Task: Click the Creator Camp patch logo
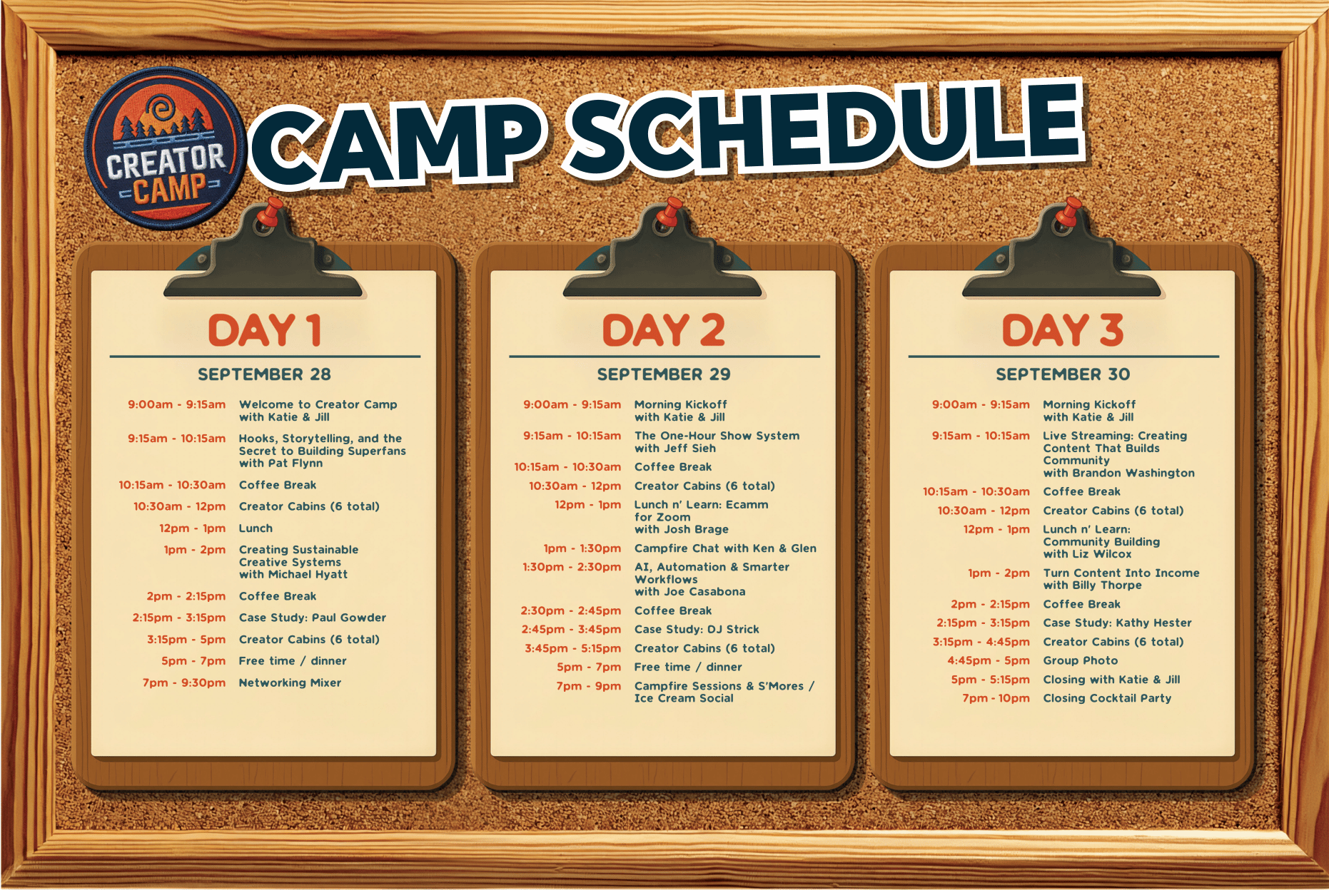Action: [166, 148]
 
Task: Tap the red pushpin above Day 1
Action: [269, 212]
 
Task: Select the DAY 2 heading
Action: [664, 330]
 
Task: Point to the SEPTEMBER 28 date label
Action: [264, 374]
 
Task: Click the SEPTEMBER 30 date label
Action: [1063, 374]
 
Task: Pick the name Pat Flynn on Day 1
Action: [295, 464]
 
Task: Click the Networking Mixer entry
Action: [290, 682]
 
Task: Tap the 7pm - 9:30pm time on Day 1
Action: [184, 682]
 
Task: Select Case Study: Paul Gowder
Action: [313, 618]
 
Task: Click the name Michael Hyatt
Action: [308, 574]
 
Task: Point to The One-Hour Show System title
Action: [717, 436]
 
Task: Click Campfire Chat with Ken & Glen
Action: [725, 548]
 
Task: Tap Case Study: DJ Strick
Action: [697, 629]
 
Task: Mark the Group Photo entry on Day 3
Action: [1081, 660]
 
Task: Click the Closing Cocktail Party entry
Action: [1107, 698]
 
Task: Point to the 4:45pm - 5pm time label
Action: [989, 660]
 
